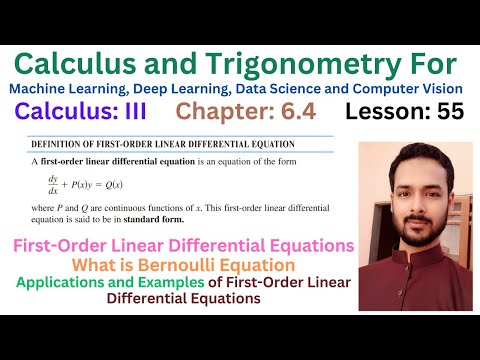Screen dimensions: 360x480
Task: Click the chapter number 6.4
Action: pyautogui.click(x=296, y=112)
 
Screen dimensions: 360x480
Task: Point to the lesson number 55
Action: pyautogui.click(x=444, y=112)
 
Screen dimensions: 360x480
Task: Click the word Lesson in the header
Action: pyautogui.click(x=383, y=112)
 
